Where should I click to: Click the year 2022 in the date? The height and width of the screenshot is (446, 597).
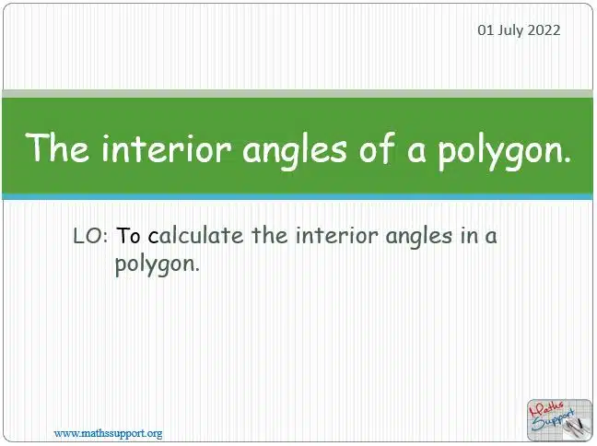(x=544, y=30)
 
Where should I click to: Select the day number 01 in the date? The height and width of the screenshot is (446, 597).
(x=486, y=30)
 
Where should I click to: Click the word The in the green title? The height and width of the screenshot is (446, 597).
(x=57, y=147)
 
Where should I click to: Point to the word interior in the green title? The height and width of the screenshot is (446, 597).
(x=166, y=148)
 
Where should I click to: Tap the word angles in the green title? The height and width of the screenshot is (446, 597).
(x=295, y=150)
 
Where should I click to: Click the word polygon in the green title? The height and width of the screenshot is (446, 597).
(x=499, y=151)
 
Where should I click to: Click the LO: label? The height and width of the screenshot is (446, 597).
(x=90, y=236)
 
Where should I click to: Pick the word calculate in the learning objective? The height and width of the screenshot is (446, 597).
(x=195, y=235)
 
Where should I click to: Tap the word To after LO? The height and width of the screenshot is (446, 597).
(x=128, y=236)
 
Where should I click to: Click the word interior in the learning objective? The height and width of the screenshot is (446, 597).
(x=336, y=235)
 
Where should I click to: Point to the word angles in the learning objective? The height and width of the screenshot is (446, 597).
(x=418, y=237)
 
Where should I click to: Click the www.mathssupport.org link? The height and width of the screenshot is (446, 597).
(x=108, y=433)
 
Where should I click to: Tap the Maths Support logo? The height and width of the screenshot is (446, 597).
(x=559, y=420)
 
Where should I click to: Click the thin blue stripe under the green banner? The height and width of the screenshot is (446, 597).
(x=298, y=197)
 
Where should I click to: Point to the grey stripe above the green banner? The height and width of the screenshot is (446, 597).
(x=298, y=94)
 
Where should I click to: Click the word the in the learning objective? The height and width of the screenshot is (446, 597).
(x=270, y=235)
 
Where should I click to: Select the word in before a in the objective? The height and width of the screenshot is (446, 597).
(x=468, y=235)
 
